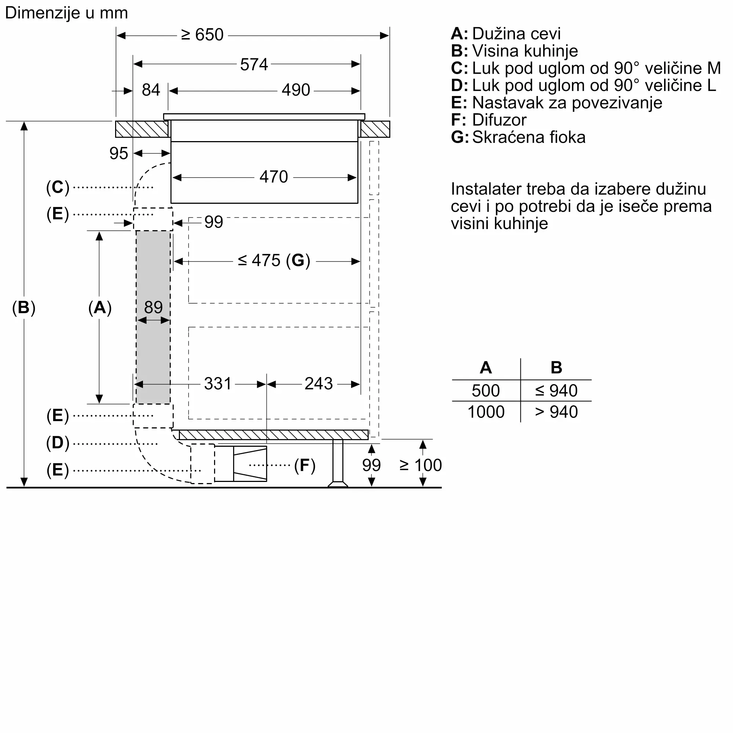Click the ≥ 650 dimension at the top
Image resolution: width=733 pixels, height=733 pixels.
click(x=202, y=35)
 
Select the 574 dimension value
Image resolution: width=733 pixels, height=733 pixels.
click(x=254, y=65)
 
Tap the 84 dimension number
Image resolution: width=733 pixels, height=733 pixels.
click(x=151, y=90)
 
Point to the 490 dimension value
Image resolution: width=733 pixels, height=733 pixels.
click(x=295, y=90)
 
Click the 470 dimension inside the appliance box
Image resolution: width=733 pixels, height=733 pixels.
click(x=273, y=177)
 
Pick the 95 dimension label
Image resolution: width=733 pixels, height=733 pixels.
click(x=118, y=154)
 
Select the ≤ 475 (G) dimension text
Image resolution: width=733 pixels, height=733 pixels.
click(x=274, y=261)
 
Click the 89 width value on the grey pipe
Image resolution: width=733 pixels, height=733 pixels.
click(x=153, y=307)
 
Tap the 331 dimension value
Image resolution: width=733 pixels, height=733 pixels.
click(x=217, y=384)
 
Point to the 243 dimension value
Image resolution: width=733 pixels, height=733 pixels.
click(x=318, y=384)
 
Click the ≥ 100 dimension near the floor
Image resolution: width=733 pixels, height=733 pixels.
click(x=420, y=465)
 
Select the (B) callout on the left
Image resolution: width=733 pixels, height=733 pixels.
click(x=23, y=307)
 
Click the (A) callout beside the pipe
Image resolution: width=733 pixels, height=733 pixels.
click(x=100, y=307)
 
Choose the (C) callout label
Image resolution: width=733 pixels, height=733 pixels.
click(x=58, y=187)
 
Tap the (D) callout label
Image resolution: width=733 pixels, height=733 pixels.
click(x=58, y=443)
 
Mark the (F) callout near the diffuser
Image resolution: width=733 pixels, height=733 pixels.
click(x=305, y=465)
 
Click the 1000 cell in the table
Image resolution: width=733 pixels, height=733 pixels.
click(x=486, y=412)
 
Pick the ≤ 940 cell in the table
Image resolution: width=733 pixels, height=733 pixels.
click(x=556, y=391)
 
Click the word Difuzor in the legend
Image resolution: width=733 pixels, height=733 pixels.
click(x=499, y=120)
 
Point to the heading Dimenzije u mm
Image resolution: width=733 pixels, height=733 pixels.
click(x=66, y=13)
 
